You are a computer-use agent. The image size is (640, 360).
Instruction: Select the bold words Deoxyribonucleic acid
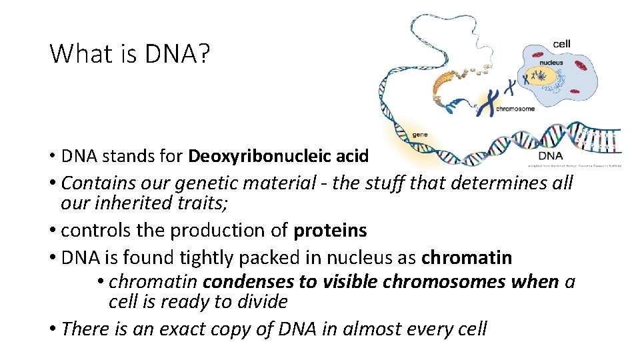coord(279,156)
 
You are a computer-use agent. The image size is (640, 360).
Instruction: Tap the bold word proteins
coord(330,230)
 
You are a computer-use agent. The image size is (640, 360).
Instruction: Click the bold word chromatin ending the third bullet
coord(467,257)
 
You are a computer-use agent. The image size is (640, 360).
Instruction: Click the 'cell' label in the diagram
coord(561,45)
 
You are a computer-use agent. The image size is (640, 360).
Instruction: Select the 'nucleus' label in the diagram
coord(551,63)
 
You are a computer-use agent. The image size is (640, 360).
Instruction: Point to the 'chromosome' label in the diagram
coord(515,109)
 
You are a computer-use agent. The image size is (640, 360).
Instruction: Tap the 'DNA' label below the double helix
coord(550,156)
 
